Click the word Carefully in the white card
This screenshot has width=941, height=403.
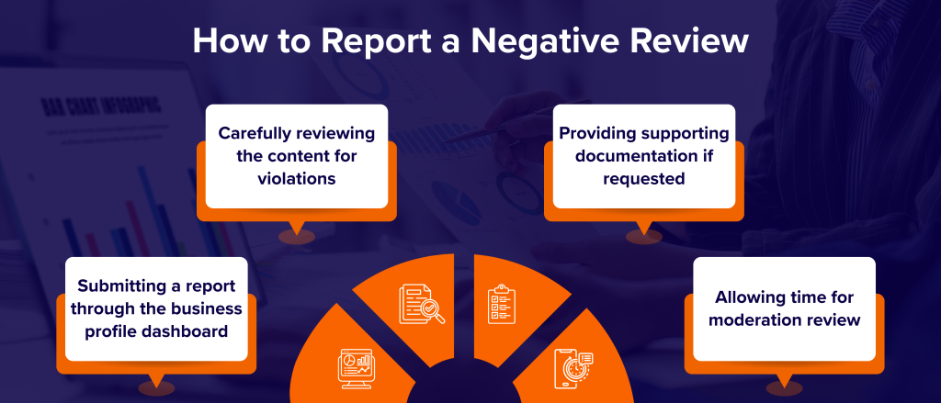click(x=258, y=133)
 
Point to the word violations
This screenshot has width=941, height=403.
click(x=296, y=178)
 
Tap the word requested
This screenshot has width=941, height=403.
click(x=643, y=178)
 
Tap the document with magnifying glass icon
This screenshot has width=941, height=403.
click(x=421, y=303)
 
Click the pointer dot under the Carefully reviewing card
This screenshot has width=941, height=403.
click(x=296, y=237)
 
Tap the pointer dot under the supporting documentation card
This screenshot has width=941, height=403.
click(x=643, y=236)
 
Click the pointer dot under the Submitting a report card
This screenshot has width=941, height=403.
click(x=155, y=388)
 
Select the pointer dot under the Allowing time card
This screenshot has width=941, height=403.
click(x=784, y=389)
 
